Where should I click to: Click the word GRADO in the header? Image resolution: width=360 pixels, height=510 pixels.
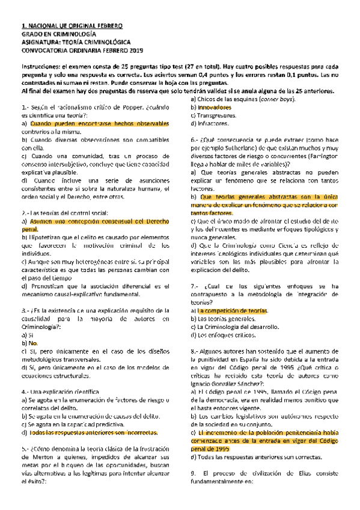click(x=32, y=35)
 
